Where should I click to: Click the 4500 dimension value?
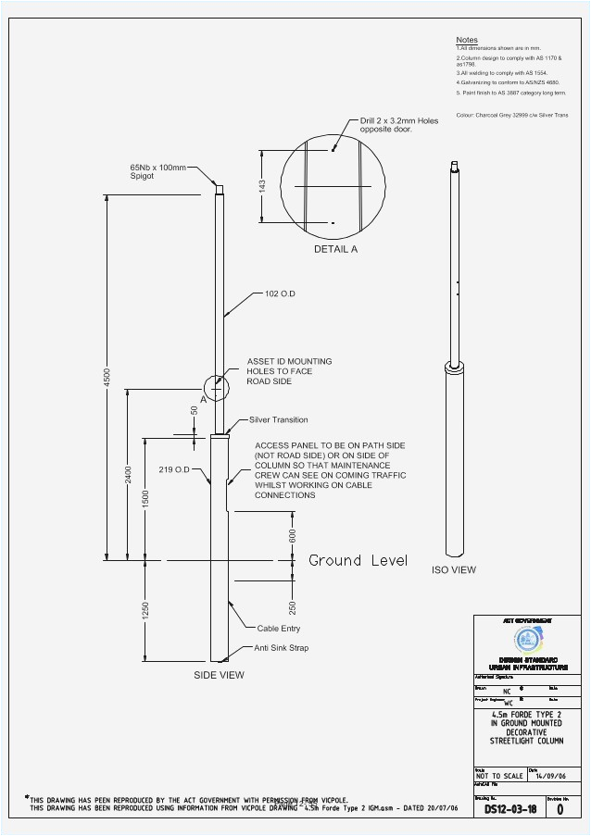coord(107,378)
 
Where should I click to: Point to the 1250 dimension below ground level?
coord(146,612)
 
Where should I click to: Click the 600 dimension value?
coord(293,535)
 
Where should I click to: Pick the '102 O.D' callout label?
coord(280,293)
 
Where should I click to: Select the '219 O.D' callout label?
coord(173,469)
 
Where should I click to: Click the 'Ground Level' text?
coord(358,560)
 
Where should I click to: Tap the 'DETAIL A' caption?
coord(335,249)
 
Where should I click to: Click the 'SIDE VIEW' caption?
coord(219,675)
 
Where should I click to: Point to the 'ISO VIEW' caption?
coord(454,569)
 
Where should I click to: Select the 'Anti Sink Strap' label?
coord(282,648)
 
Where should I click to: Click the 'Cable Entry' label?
coord(279,628)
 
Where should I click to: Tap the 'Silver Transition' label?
coord(278,419)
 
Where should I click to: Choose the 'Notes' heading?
coord(467,40)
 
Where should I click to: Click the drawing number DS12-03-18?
coord(510,809)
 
